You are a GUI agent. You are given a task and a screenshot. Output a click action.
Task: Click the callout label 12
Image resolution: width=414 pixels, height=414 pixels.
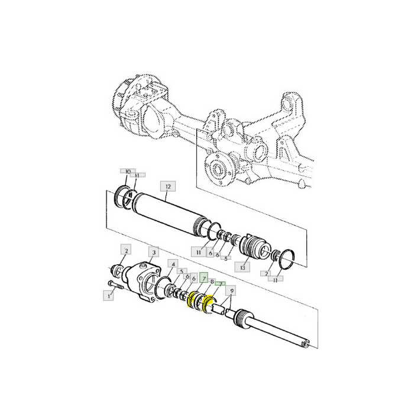click(x=167, y=187)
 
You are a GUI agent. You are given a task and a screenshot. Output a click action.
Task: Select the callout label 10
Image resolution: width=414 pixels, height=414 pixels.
click(x=127, y=171)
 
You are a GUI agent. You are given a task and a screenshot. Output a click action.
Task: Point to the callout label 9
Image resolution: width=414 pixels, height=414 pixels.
click(x=231, y=291)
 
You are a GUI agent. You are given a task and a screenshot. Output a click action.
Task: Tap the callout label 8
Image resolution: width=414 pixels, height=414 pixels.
click(x=212, y=282)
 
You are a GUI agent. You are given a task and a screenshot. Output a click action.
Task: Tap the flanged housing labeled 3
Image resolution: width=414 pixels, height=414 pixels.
click(x=144, y=282)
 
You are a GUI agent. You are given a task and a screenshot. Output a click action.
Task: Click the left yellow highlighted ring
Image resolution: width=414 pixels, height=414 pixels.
click(x=193, y=302)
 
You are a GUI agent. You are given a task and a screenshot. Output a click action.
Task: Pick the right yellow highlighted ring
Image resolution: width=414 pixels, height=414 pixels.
click(x=208, y=305)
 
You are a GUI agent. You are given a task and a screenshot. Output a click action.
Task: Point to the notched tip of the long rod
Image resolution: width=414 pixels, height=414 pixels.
click(x=305, y=342)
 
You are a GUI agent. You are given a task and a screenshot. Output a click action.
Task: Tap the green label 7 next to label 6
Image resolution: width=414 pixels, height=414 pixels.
click(x=202, y=278)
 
